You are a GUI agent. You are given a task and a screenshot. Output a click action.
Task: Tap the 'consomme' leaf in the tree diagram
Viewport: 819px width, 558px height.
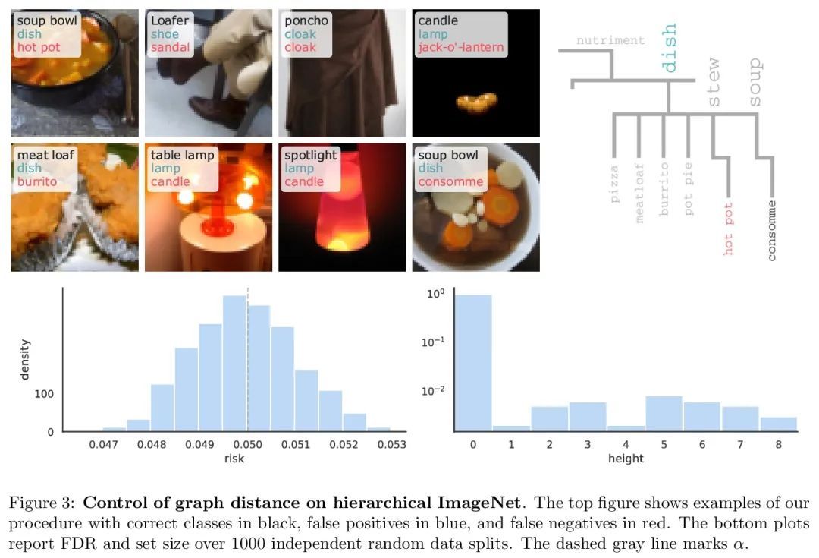click(x=772, y=231)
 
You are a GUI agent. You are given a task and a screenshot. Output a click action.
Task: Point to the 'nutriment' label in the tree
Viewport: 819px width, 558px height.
click(x=610, y=40)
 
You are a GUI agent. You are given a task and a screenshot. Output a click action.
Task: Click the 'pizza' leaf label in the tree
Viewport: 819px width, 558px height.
click(x=614, y=183)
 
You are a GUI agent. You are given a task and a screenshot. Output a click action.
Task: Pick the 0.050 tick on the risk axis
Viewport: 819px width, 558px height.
click(x=247, y=446)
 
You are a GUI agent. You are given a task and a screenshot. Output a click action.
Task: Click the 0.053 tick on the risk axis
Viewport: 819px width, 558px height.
click(x=391, y=446)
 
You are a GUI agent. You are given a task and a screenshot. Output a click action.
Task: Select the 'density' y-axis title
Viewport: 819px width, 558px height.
click(x=25, y=360)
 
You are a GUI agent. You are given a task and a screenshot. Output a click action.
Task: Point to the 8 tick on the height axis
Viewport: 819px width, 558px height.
click(x=779, y=446)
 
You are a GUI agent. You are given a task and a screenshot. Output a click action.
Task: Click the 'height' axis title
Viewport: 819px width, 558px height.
click(x=626, y=459)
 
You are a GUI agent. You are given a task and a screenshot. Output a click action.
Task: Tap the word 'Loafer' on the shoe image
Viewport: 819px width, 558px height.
click(x=171, y=20)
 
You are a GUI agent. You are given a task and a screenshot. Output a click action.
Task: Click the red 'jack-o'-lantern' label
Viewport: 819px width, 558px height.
click(x=461, y=48)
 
